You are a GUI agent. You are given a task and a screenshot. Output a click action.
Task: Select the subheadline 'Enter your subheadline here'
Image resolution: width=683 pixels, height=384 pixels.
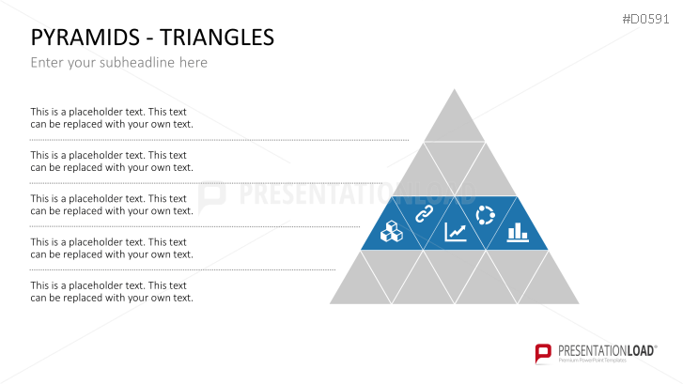coord(118,63)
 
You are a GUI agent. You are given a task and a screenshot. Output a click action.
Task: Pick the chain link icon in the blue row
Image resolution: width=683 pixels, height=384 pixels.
coord(423,215)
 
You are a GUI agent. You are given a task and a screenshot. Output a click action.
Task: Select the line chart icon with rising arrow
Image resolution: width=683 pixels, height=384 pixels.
coord(456,232)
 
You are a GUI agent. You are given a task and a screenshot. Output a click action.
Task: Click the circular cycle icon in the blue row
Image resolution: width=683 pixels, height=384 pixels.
coord(486,215)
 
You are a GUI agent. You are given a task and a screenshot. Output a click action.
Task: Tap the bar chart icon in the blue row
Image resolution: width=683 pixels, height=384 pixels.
coord(517,232)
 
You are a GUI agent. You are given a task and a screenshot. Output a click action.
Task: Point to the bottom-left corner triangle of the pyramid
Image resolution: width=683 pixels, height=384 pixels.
coord(361,285)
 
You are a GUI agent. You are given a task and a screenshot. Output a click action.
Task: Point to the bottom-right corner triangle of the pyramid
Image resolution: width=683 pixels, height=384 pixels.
coord(548,285)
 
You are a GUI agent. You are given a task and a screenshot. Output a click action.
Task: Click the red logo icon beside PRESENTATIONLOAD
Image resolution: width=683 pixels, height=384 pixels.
coord(542,353)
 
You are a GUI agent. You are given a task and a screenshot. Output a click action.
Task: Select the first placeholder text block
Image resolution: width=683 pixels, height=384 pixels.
coord(112,117)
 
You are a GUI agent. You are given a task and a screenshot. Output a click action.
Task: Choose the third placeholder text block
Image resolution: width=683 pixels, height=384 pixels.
coord(112,205)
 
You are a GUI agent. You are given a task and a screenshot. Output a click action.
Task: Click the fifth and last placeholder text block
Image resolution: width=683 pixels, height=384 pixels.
coord(112,291)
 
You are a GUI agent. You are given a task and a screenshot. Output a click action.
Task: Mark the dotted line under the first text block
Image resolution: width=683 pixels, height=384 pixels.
coord(219,140)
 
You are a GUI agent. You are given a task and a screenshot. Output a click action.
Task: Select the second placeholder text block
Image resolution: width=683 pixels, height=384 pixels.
coord(112,161)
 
